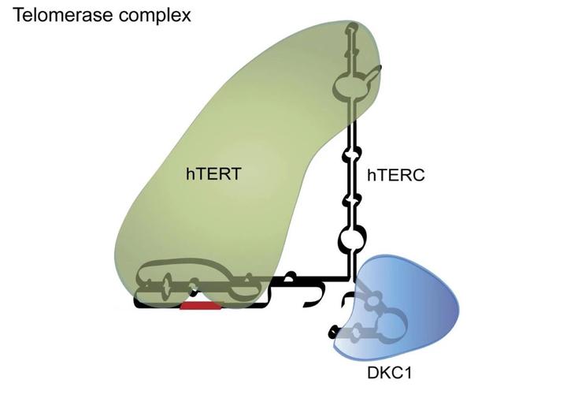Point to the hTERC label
395,175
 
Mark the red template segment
200,304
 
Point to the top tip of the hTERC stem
352,28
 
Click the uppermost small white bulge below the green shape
350,152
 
